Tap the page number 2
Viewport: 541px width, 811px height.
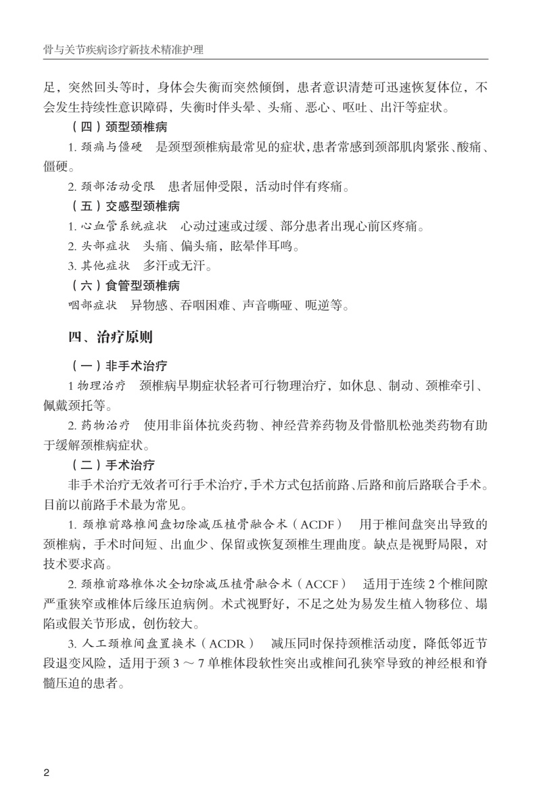[x=46, y=772]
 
